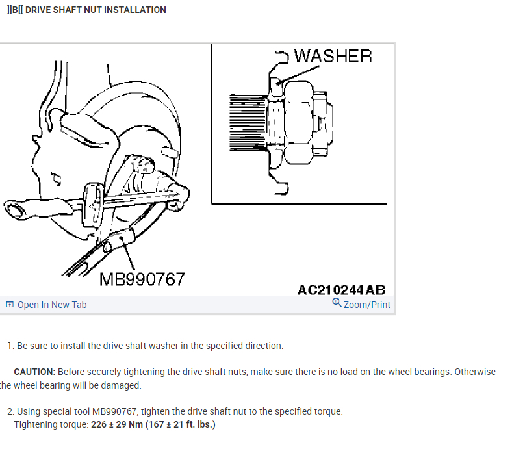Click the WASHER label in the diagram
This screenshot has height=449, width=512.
(333, 56)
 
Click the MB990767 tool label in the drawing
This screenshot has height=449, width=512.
(142, 279)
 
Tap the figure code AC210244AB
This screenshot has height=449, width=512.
(341, 290)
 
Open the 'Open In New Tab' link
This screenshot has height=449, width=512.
(51, 305)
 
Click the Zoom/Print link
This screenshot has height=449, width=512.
(367, 304)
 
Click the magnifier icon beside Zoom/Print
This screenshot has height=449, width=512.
(337, 303)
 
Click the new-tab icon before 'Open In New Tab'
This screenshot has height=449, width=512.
(10, 305)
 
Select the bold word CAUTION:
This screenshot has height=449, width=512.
(34, 372)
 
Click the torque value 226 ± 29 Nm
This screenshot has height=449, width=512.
(120, 424)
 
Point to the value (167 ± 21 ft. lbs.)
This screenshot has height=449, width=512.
(183, 424)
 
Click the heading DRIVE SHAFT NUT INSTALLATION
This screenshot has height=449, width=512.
(96, 10)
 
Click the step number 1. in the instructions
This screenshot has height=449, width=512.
(10, 346)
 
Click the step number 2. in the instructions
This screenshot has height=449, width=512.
(10, 411)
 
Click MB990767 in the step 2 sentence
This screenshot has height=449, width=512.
(114, 411)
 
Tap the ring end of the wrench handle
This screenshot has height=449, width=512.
(14, 210)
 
